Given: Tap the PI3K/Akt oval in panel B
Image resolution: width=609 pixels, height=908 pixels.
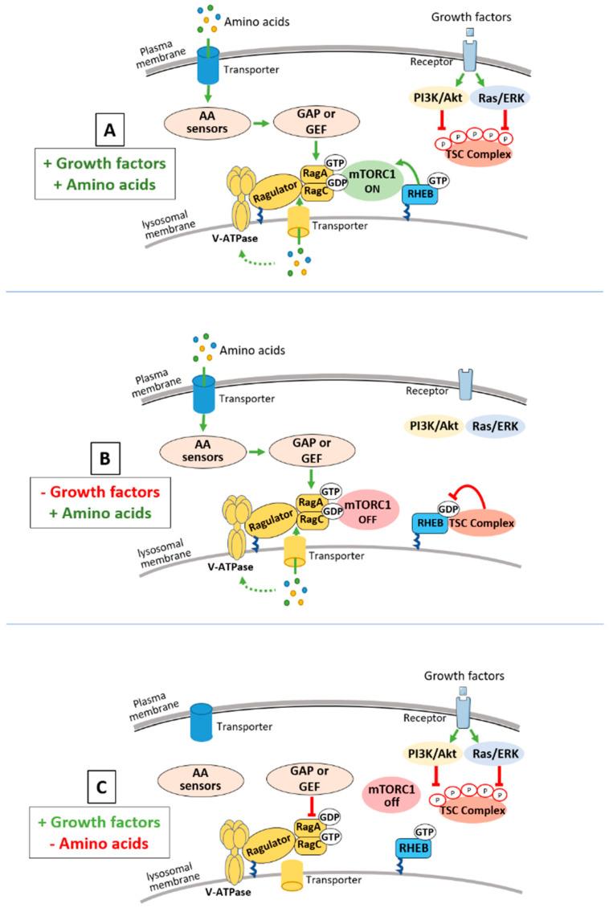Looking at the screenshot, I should (x=435, y=426).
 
